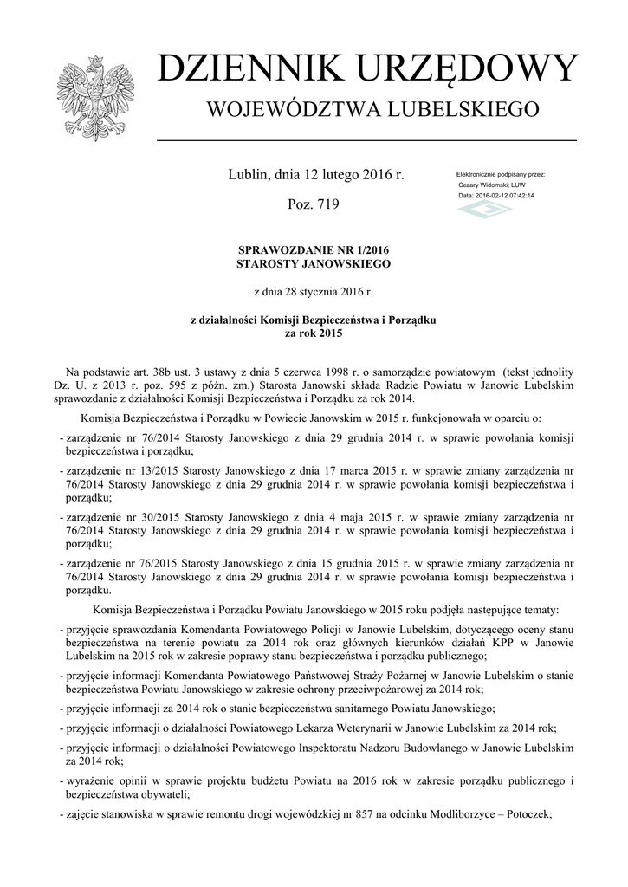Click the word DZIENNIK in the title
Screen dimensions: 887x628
click(x=246, y=69)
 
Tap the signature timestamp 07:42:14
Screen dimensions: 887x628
click(x=520, y=196)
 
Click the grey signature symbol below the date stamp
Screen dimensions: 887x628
click(x=485, y=210)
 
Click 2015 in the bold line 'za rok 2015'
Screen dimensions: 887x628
click(x=330, y=333)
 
